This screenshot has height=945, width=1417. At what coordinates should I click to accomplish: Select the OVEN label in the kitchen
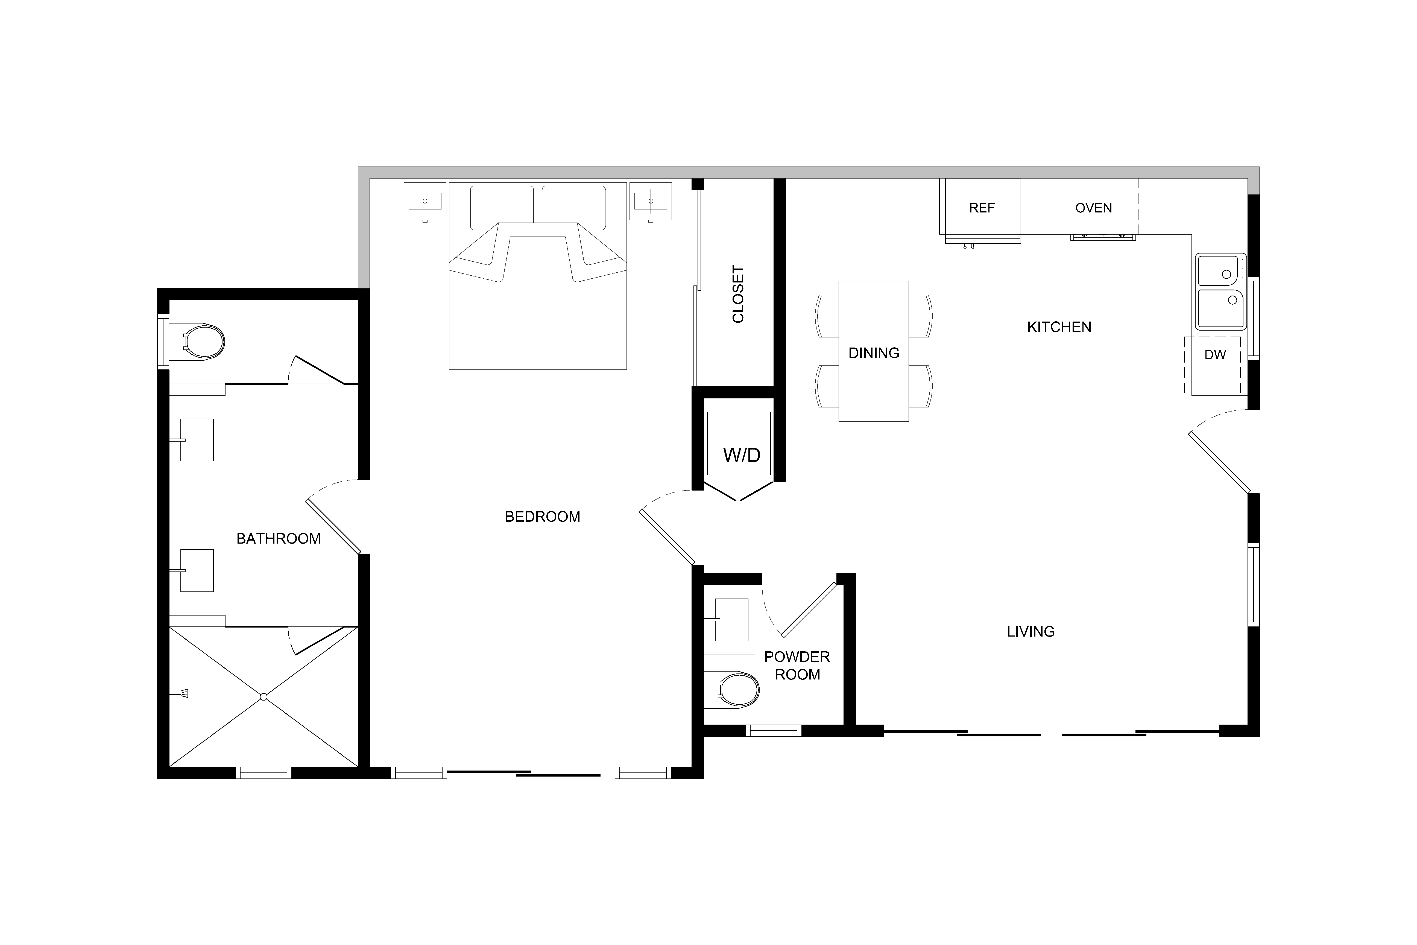pyautogui.click(x=1093, y=208)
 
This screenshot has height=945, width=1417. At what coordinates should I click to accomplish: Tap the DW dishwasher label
pyautogui.click(x=1215, y=355)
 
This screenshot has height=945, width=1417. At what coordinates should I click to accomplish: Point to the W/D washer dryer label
pyautogui.click(x=742, y=455)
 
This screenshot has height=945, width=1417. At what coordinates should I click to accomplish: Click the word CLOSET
pyautogui.click(x=738, y=294)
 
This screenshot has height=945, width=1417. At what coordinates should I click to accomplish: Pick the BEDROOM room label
pyautogui.click(x=542, y=517)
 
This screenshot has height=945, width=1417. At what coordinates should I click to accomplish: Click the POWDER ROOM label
pyautogui.click(x=797, y=665)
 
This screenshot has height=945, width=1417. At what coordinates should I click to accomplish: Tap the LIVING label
pyautogui.click(x=1031, y=632)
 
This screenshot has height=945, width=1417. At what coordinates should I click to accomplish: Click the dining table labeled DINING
pyautogui.click(x=874, y=351)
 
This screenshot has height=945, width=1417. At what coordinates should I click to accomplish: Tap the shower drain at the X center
pyautogui.click(x=263, y=697)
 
